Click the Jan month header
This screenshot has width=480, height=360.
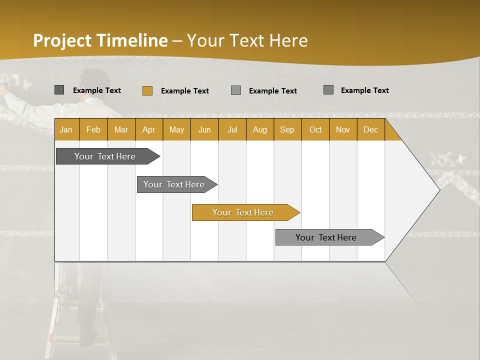[66, 130]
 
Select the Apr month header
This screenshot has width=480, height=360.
[148, 130]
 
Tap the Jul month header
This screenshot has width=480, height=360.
[232, 130]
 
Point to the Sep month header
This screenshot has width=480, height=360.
[287, 130]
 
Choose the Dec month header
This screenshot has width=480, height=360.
[370, 130]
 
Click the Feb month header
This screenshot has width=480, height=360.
[93, 130]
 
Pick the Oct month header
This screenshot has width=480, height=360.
[315, 130]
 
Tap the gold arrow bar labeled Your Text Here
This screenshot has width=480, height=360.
[243, 212]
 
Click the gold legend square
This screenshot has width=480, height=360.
[147, 90]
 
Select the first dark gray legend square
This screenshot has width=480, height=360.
[59, 90]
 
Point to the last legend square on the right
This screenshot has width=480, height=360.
[328, 90]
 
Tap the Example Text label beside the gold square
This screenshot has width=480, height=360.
[185, 91]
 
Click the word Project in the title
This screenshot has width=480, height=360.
[62, 40]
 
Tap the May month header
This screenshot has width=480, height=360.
[176, 130]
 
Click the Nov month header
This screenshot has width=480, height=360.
[343, 130]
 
